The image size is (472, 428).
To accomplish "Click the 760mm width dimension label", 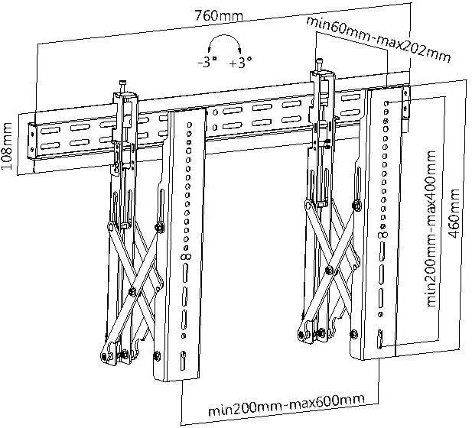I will click(x=215, y=15).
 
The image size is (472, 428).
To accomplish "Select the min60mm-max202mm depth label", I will click(x=378, y=37).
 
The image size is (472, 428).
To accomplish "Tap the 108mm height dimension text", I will click(x=9, y=145).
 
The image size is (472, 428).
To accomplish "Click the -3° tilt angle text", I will click(x=207, y=63).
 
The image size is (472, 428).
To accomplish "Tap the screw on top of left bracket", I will click(x=121, y=85).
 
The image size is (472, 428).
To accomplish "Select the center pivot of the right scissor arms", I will click(x=329, y=268).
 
